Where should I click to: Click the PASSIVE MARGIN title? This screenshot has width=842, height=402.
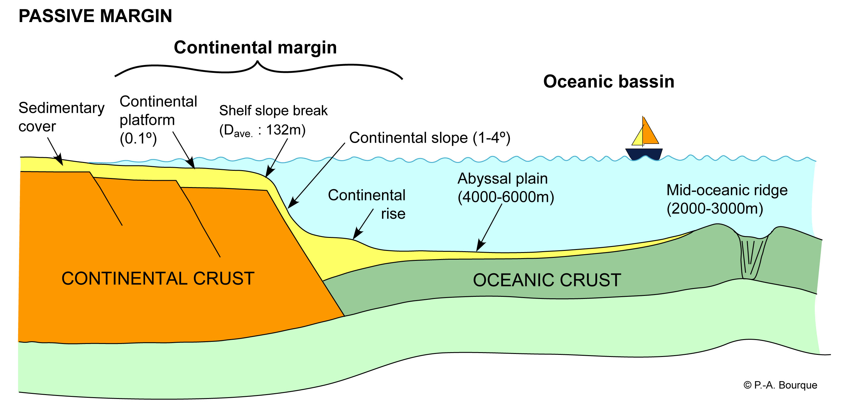(x=95, y=16)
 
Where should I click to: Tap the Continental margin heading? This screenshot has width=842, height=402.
(x=255, y=48)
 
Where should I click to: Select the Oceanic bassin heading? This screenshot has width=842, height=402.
(x=609, y=82)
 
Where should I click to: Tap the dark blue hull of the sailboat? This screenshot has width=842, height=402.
(x=643, y=154)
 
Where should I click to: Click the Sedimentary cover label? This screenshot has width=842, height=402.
(x=61, y=117)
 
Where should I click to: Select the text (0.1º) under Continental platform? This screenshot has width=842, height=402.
(x=138, y=138)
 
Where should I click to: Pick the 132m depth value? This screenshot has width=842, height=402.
(x=285, y=130)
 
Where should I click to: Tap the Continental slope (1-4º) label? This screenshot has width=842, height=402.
(x=429, y=138)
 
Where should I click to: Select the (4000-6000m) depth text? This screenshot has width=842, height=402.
(x=506, y=197)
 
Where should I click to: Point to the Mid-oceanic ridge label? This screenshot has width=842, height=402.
(x=727, y=190)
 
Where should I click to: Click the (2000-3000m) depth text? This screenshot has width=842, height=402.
(x=715, y=209)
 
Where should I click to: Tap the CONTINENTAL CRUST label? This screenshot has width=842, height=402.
(x=158, y=279)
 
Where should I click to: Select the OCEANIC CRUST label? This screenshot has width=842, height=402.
(x=547, y=280)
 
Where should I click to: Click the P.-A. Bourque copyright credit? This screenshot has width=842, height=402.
(x=780, y=385)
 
